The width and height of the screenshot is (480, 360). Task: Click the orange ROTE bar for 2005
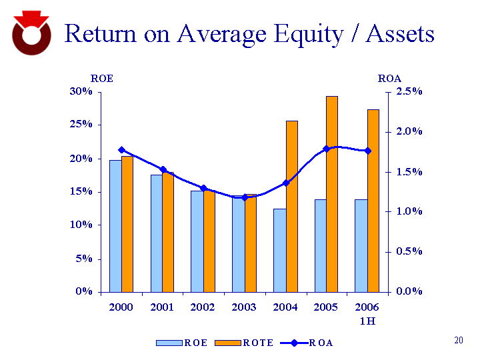(331, 193)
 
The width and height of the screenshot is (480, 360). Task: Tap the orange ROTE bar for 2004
(291, 206)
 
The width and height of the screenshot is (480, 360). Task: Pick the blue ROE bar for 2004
(279, 250)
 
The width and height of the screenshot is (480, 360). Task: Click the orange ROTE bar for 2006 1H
(373, 200)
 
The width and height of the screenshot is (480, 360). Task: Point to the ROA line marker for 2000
(121, 150)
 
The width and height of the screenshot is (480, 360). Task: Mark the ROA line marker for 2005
(327, 149)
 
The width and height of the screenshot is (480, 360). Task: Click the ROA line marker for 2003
(245, 197)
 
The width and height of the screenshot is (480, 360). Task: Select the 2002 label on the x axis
(203, 307)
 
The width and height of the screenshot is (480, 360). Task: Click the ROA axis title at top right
(389, 79)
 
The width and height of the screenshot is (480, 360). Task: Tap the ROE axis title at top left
(102, 79)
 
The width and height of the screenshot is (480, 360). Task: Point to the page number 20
(458, 341)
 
